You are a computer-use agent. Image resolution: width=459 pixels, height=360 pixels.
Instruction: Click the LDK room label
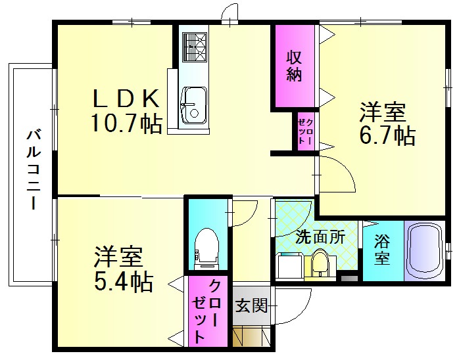126,99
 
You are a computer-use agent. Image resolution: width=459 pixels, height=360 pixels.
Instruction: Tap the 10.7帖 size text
126,124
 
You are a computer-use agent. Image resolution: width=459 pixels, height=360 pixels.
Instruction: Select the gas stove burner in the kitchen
195,47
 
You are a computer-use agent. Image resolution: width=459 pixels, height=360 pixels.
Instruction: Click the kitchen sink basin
193,106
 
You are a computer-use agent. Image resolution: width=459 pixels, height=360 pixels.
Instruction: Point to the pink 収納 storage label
294,66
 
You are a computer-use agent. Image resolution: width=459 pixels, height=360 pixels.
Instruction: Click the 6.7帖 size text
387,135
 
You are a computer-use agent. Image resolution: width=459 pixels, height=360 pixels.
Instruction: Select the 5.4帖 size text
124,282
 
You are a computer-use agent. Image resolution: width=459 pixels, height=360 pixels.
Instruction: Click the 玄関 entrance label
251,306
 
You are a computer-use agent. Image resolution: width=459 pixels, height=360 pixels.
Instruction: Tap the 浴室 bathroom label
382,250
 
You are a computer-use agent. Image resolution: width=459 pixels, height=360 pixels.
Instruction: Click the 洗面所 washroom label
320,237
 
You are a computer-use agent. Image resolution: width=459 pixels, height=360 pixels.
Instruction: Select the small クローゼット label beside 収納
305,131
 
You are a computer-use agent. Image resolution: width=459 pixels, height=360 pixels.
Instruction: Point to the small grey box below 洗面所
349,279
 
